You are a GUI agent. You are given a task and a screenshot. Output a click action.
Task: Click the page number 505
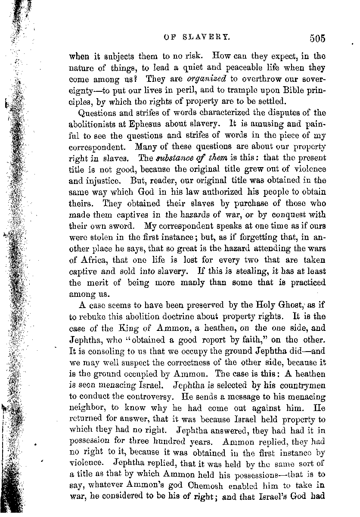[317, 39]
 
